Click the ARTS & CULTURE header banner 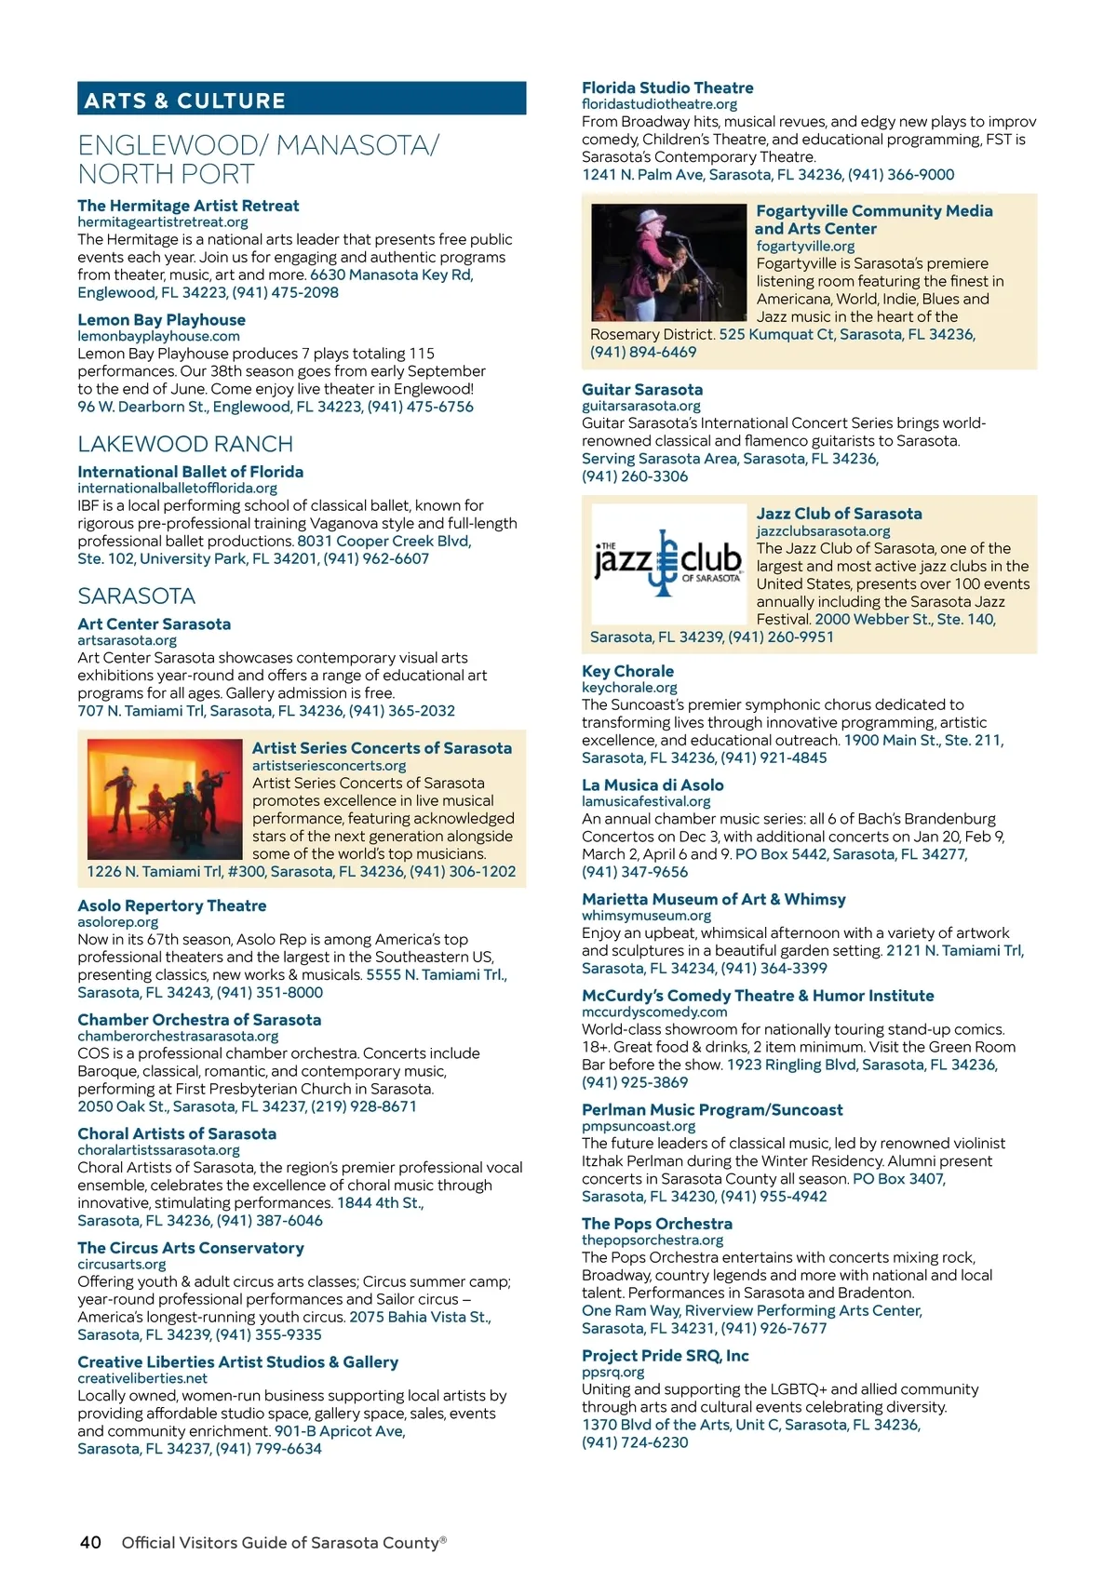pyautogui.click(x=301, y=100)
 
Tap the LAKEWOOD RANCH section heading pyautogui.click(x=185, y=444)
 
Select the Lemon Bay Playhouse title pyautogui.click(x=161, y=319)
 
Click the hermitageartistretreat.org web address pyautogui.click(x=162, y=221)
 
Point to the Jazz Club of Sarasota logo pyautogui.click(x=667, y=563)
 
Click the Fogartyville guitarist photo pyautogui.click(x=667, y=263)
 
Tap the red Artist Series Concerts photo pyautogui.click(x=164, y=799)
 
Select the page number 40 pyautogui.click(x=90, y=1542)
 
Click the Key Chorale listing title pyautogui.click(x=627, y=671)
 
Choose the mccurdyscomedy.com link pyautogui.click(x=653, y=1012)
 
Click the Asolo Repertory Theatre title pyautogui.click(x=171, y=905)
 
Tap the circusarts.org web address pyautogui.click(x=121, y=1264)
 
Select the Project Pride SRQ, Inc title pyautogui.click(x=665, y=1355)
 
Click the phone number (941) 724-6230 pyautogui.click(x=635, y=1442)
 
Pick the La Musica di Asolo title pyautogui.click(x=652, y=784)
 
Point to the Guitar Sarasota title pyautogui.click(x=641, y=389)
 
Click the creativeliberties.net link pyautogui.click(x=141, y=1378)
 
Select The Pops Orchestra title pyautogui.click(x=656, y=1224)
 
